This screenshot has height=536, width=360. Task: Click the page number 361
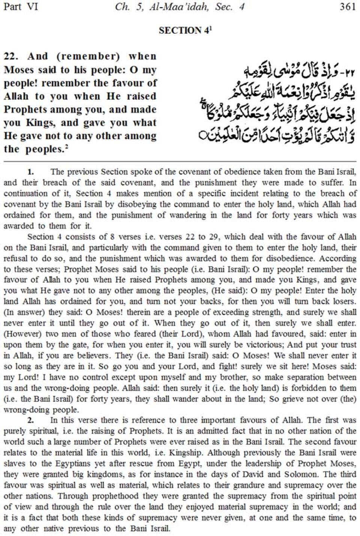(347, 7)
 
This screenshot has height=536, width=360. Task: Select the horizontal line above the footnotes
(180, 162)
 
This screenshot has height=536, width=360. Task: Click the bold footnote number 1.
(31, 172)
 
